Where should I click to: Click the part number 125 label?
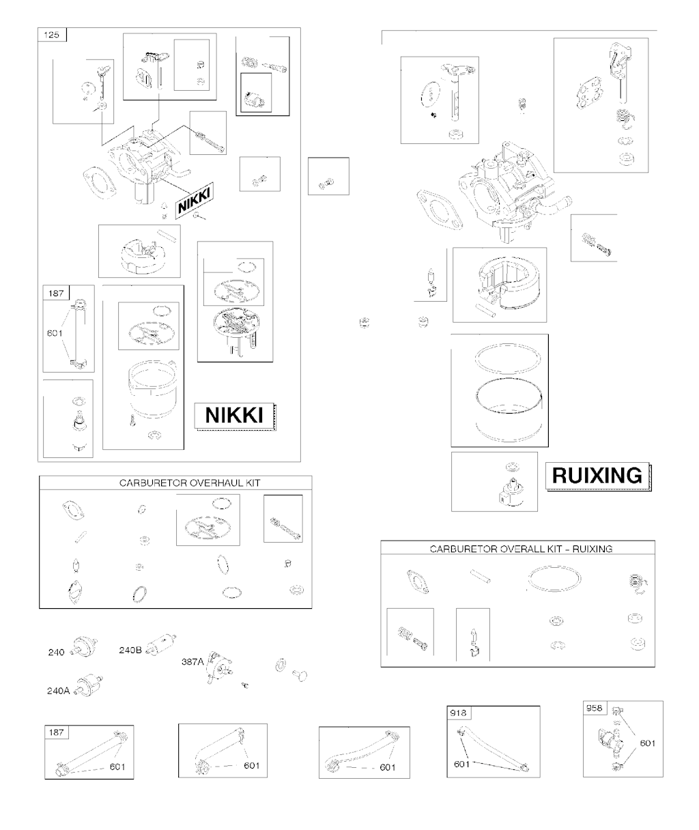click(52, 35)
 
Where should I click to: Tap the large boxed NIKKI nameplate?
click(234, 416)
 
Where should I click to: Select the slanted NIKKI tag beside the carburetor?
click(195, 200)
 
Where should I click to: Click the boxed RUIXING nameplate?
click(597, 476)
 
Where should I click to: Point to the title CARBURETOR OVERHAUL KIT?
click(190, 483)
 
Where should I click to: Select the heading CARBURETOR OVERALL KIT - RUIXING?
click(521, 549)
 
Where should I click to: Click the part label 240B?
click(130, 650)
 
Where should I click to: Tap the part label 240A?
click(59, 691)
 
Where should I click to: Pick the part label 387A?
click(193, 661)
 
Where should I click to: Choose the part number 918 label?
click(458, 713)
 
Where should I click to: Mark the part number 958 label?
click(595, 708)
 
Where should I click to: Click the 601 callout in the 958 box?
click(648, 743)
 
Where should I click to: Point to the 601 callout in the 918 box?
click(461, 764)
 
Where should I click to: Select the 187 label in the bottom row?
click(56, 732)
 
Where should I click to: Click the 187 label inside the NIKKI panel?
click(56, 294)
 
